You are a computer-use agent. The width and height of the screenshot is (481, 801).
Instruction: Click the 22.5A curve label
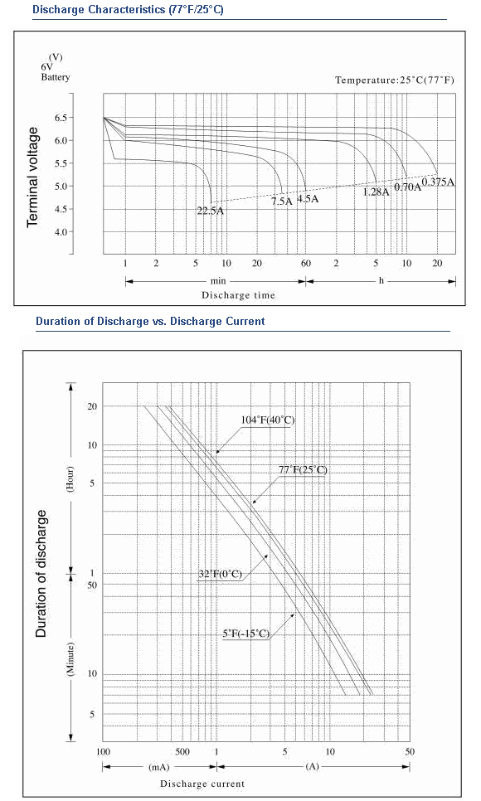tap(210, 211)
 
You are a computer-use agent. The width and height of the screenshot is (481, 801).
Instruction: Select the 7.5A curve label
tap(282, 201)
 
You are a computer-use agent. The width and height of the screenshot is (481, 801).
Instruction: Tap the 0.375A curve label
tap(438, 182)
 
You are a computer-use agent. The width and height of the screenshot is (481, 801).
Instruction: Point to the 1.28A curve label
tap(376, 192)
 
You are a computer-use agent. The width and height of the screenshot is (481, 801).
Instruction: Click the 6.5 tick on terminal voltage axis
tap(61, 118)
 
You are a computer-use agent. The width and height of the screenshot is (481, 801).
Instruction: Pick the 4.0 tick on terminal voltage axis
tap(61, 232)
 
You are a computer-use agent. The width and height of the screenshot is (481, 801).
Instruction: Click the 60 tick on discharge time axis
tap(306, 264)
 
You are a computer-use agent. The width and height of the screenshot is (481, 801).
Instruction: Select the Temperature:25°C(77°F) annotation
tap(395, 80)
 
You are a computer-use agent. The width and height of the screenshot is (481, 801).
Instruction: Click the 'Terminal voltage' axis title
tap(32, 177)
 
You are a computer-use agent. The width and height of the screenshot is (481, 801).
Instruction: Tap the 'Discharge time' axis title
tap(238, 295)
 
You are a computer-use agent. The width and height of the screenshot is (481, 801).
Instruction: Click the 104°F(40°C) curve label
tap(268, 420)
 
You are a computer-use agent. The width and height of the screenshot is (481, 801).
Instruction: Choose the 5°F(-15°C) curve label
tap(245, 634)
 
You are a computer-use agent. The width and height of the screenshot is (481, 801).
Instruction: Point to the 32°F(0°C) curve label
tap(220, 574)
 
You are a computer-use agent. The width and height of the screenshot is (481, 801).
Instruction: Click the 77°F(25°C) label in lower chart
tap(303, 469)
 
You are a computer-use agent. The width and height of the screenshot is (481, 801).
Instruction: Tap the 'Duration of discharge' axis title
tap(41, 573)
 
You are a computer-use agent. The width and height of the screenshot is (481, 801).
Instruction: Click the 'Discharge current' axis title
tap(202, 784)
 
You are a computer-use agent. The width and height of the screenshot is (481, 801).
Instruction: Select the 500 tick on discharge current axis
tap(182, 751)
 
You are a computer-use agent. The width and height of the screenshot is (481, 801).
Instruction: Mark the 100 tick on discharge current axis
tap(104, 751)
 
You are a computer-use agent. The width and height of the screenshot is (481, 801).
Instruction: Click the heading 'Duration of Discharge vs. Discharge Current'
tap(150, 322)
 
